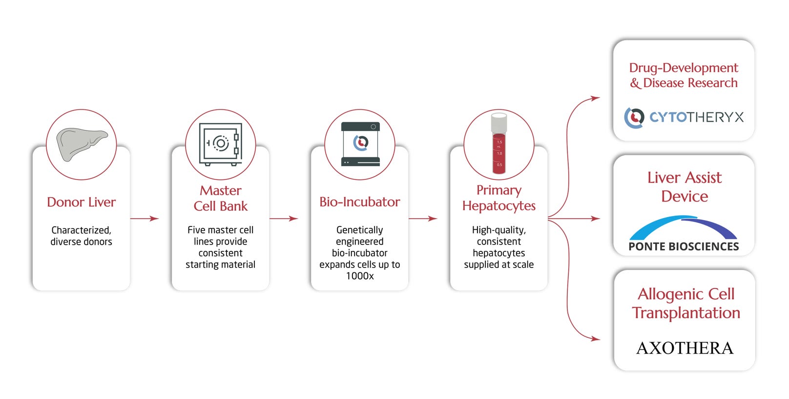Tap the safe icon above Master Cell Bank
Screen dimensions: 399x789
click(221, 144)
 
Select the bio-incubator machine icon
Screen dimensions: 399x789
click(360, 144)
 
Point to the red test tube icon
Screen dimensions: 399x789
click(498, 144)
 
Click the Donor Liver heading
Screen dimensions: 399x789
click(81, 202)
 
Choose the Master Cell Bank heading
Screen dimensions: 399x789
click(221, 198)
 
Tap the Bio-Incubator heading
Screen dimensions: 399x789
click(360, 202)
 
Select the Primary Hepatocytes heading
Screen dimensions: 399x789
click(498, 198)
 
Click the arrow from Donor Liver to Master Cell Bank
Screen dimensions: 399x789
click(145, 219)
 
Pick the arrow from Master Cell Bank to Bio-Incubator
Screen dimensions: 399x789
click(284, 219)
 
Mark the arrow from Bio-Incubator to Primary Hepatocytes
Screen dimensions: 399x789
click(423, 219)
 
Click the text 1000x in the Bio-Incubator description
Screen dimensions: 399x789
click(360, 276)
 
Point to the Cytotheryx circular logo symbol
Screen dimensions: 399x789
click(634, 117)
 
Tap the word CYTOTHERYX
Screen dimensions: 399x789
click(696, 117)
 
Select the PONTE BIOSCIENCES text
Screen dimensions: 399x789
click(684, 246)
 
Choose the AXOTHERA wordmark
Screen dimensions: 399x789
click(685, 348)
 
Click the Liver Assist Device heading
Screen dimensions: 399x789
click(684, 187)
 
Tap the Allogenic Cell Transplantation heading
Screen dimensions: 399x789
click(685, 303)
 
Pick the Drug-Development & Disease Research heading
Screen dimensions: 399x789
click(684, 75)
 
